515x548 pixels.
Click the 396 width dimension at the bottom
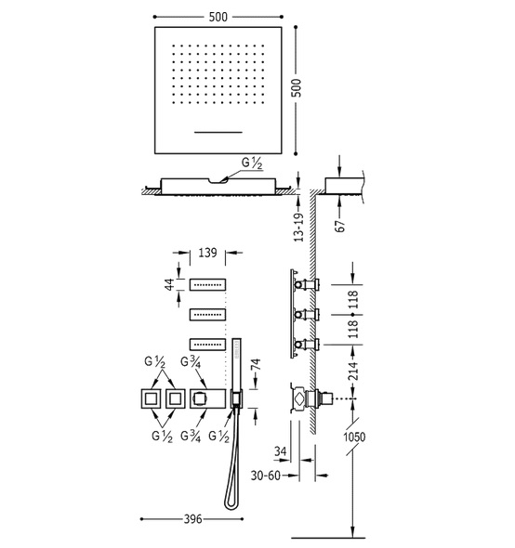pyautogui.click(x=192, y=518)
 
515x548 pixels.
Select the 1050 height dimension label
pyautogui.click(x=354, y=437)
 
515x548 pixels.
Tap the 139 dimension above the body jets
pyautogui.click(x=208, y=253)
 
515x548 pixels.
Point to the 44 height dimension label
pyautogui.click(x=169, y=284)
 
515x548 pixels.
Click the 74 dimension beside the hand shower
pyautogui.click(x=256, y=364)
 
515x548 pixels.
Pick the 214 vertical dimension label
pyautogui.click(x=353, y=372)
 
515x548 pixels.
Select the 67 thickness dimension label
pyautogui.click(x=339, y=226)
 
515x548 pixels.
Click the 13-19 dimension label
pyautogui.click(x=298, y=228)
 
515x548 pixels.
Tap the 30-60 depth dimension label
pyautogui.click(x=266, y=476)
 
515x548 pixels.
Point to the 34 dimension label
pyautogui.click(x=280, y=451)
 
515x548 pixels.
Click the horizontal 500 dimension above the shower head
pyautogui.click(x=218, y=17)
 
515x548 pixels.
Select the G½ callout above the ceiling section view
pyautogui.click(x=252, y=163)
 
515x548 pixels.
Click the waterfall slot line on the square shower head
pyautogui.click(x=218, y=132)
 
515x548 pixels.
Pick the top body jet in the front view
pyautogui.click(x=208, y=284)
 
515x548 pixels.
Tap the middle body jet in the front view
pyautogui.click(x=208, y=315)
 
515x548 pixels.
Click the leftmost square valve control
pyautogui.click(x=151, y=398)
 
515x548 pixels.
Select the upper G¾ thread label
pyautogui.click(x=191, y=362)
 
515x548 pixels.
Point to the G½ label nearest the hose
pyautogui.click(x=219, y=437)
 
